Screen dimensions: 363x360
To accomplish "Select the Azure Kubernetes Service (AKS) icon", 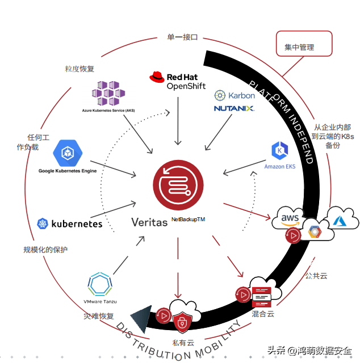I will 108,92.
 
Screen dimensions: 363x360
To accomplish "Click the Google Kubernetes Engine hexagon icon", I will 68,153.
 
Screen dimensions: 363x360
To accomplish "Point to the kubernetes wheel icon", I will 43,223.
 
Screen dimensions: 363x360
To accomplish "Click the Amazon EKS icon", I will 280,151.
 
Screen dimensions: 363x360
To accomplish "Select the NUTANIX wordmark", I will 235,108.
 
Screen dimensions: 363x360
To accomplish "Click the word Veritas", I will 149,222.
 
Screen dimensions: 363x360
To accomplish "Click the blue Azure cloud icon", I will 342,218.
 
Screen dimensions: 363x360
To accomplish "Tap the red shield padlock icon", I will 182,322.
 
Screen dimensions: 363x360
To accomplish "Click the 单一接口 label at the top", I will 182,38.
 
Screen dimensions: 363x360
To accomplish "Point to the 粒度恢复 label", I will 79,69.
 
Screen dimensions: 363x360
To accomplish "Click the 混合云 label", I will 262,313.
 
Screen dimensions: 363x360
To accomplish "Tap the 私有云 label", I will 183,342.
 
